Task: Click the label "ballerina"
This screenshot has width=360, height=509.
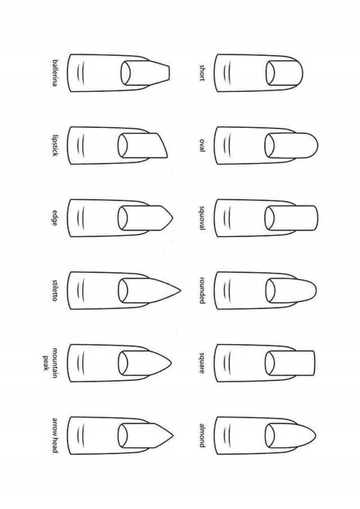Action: click(x=55, y=73)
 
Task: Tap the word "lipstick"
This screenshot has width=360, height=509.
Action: click(x=55, y=145)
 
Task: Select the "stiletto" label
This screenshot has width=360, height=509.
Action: click(x=55, y=291)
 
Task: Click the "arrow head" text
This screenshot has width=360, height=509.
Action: click(x=55, y=435)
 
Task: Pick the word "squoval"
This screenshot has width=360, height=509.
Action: click(x=202, y=218)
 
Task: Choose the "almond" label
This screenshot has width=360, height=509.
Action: click(x=202, y=435)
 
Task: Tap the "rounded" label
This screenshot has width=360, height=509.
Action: click(x=202, y=291)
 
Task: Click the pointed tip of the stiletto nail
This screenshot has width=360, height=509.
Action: click(x=181, y=290)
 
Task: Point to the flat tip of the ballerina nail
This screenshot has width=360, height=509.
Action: click(x=170, y=73)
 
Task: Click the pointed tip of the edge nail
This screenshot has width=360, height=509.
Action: click(x=172, y=218)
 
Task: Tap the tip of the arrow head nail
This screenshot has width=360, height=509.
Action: click(x=173, y=436)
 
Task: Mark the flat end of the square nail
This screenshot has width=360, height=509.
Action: click(x=314, y=363)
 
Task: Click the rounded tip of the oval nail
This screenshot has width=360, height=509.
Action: click(x=317, y=145)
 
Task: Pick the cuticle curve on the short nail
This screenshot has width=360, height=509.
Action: click(x=269, y=73)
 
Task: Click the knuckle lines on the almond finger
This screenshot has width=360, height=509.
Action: click(x=227, y=435)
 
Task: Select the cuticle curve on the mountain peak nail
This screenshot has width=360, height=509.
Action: click(x=122, y=363)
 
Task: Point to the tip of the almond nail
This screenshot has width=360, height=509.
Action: click(x=316, y=435)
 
